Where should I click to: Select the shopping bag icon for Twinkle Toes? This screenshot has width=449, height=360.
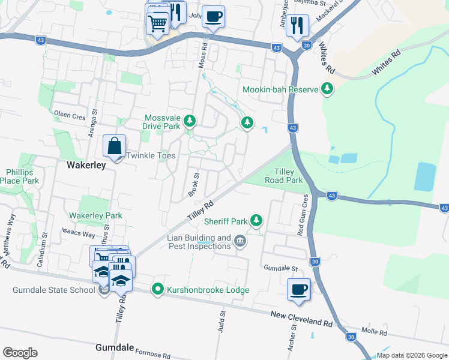[x=114, y=146]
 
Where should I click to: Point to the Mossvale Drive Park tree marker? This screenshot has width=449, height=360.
[x=190, y=122]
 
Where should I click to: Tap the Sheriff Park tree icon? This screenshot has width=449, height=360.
[x=256, y=221]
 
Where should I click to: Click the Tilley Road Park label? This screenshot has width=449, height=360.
[x=284, y=176]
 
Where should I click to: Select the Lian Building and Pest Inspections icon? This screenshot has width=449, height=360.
[x=240, y=242]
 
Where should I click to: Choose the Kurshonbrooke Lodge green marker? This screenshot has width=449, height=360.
[x=158, y=290]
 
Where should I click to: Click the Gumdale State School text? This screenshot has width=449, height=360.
[x=54, y=290]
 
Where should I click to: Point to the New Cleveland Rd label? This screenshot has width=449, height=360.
[x=301, y=319]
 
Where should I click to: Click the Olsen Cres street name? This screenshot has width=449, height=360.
[x=70, y=114]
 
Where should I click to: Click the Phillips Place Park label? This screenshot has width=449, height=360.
[x=19, y=176]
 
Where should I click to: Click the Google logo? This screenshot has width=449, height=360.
[x=20, y=353]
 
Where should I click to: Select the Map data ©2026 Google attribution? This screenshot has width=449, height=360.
[x=411, y=355]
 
